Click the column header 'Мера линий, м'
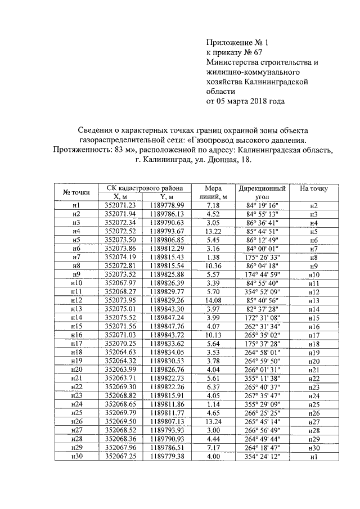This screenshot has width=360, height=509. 213,192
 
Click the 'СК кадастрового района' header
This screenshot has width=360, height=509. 144,188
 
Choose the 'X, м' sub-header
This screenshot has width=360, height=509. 120,197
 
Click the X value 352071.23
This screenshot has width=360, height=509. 120,206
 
